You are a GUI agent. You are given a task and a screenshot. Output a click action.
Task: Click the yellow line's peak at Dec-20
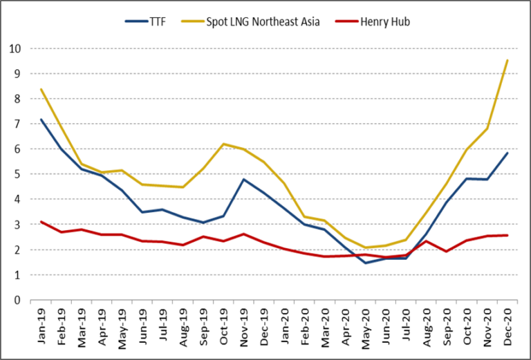(x=508, y=60)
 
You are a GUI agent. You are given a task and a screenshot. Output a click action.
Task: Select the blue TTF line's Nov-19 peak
(x=245, y=180)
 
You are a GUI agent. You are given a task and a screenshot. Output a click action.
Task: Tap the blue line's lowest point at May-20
(x=366, y=263)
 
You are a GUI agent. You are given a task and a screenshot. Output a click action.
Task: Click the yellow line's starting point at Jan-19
(x=41, y=89)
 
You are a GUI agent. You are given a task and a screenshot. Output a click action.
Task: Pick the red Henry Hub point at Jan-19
(x=41, y=222)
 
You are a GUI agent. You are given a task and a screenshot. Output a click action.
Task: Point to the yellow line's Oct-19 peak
(x=224, y=144)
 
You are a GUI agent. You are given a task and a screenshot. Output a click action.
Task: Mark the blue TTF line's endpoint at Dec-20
(x=508, y=153)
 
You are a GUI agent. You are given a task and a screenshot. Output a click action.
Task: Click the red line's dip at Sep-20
(x=447, y=251)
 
